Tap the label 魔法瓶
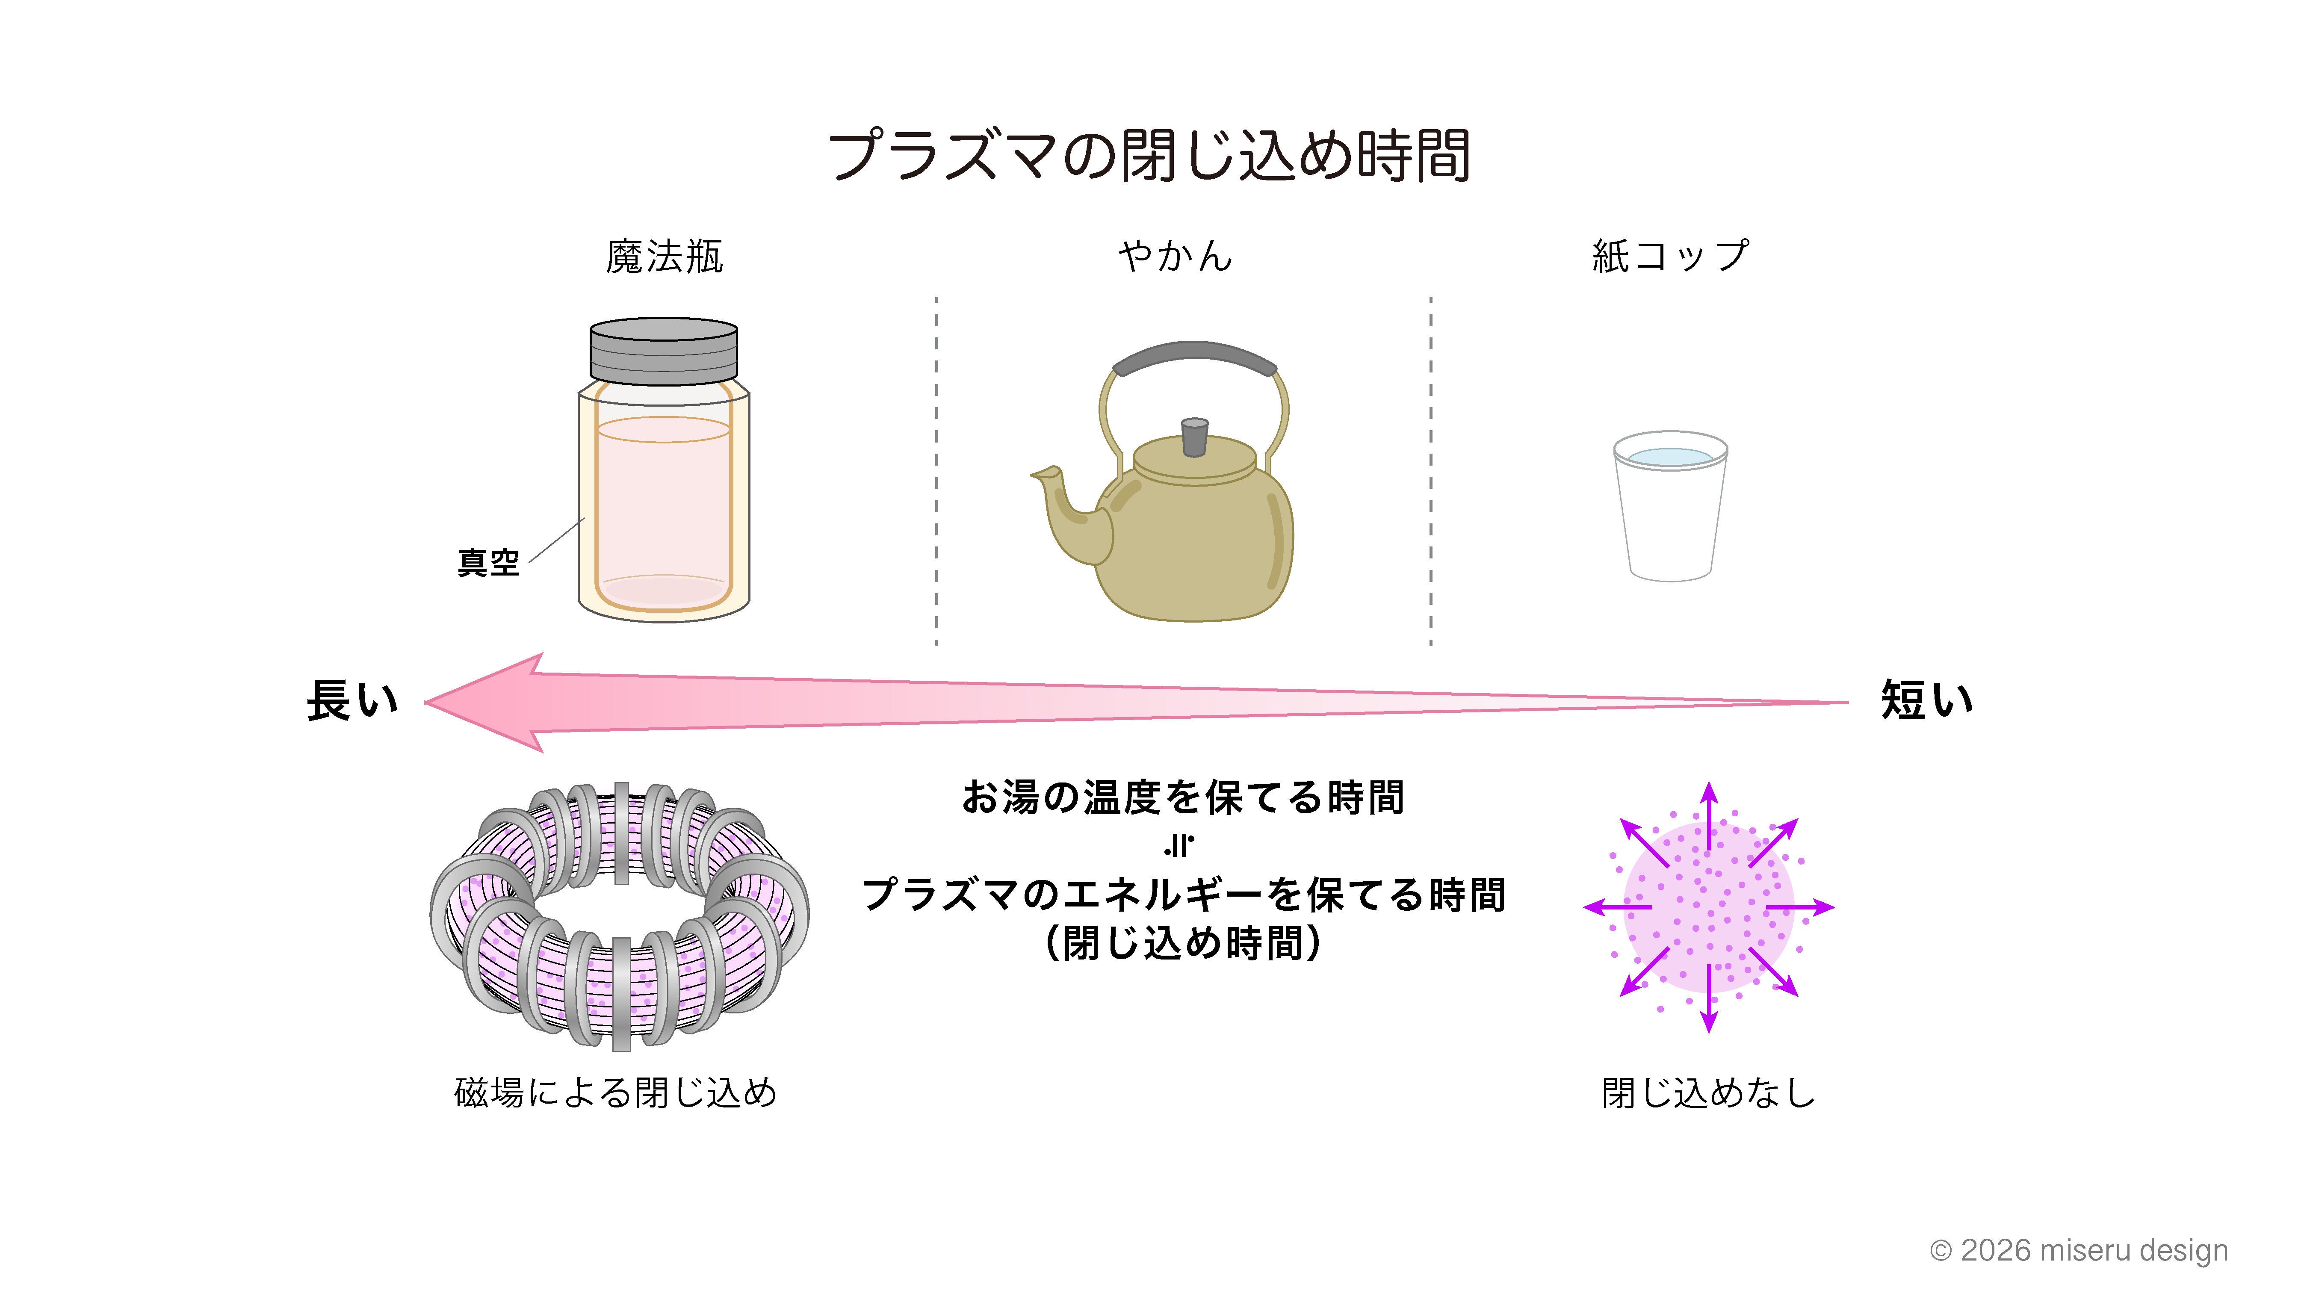click(664, 257)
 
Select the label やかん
click(1175, 257)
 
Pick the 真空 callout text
click(489, 563)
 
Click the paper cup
click(1670, 506)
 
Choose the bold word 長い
click(352, 701)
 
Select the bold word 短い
click(1927, 701)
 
